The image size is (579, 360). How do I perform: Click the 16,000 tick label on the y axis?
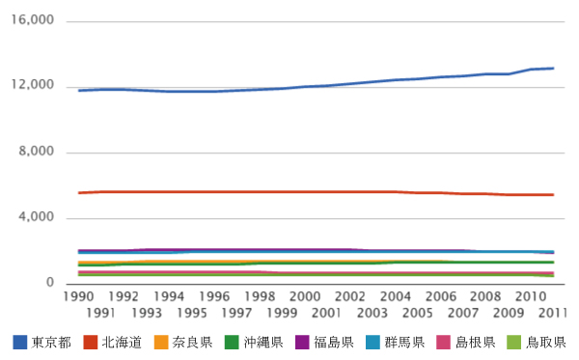click(x=33, y=21)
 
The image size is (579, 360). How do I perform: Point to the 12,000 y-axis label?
click(x=33, y=87)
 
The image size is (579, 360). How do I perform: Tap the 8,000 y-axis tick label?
click(x=37, y=152)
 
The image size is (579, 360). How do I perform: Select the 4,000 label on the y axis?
click(x=37, y=218)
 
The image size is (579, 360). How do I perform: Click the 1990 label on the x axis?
click(x=78, y=296)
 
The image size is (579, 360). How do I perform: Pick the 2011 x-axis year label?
click(x=552, y=313)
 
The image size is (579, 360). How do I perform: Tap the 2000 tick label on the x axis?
click(x=304, y=296)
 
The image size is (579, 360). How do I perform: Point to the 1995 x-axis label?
click(x=191, y=313)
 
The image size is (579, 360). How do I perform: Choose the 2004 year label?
click(x=394, y=296)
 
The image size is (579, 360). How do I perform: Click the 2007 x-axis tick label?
click(x=462, y=313)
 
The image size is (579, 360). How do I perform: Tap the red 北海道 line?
click(x=289, y=192)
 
